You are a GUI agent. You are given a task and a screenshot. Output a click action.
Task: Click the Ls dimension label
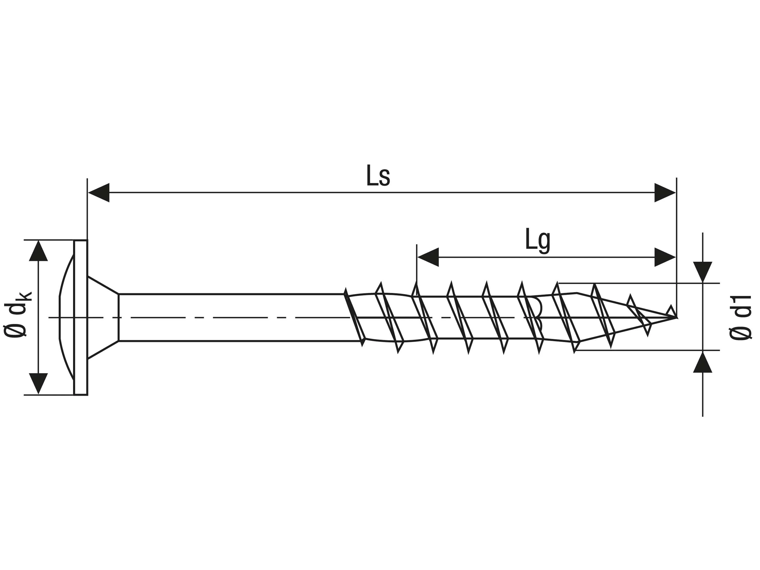378,176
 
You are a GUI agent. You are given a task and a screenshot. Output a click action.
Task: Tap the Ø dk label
17,314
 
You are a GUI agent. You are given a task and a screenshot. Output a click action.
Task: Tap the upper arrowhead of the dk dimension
38,252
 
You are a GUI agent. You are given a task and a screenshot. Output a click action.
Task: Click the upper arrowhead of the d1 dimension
703,272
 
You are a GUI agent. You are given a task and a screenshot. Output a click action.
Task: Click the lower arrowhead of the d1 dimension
703,363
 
